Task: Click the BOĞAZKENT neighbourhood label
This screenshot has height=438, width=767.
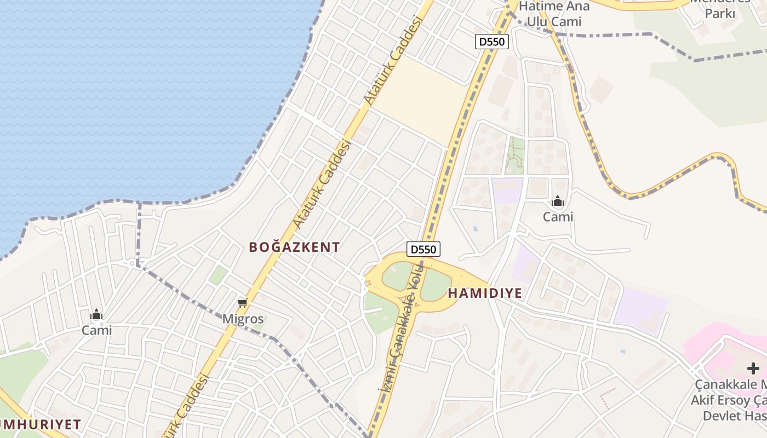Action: click(x=294, y=247)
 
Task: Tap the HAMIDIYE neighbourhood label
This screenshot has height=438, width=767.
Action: click(x=485, y=293)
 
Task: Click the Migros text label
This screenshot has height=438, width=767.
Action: click(x=243, y=319)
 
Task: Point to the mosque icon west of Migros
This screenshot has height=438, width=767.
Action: click(x=96, y=314)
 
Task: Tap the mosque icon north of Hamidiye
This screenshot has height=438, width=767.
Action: click(x=558, y=201)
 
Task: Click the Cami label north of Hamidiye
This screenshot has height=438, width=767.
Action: click(x=558, y=217)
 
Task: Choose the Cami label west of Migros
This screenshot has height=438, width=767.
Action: click(x=96, y=330)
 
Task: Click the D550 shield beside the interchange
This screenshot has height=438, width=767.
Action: click(x=423, y=249)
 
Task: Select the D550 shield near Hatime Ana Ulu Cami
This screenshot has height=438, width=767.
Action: click(x=491, y=41)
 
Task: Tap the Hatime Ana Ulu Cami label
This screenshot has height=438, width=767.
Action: click(x=554, y=14)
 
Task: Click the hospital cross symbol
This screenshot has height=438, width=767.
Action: click(x=753, y=368)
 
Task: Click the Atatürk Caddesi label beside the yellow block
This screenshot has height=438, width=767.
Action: click(x=394, y=60)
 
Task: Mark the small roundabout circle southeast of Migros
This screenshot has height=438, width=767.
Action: click(x=295, y=360)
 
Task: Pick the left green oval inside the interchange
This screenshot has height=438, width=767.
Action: click(x=398, y=276)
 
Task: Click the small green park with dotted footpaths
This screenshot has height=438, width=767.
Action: click(x=514, y=155)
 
